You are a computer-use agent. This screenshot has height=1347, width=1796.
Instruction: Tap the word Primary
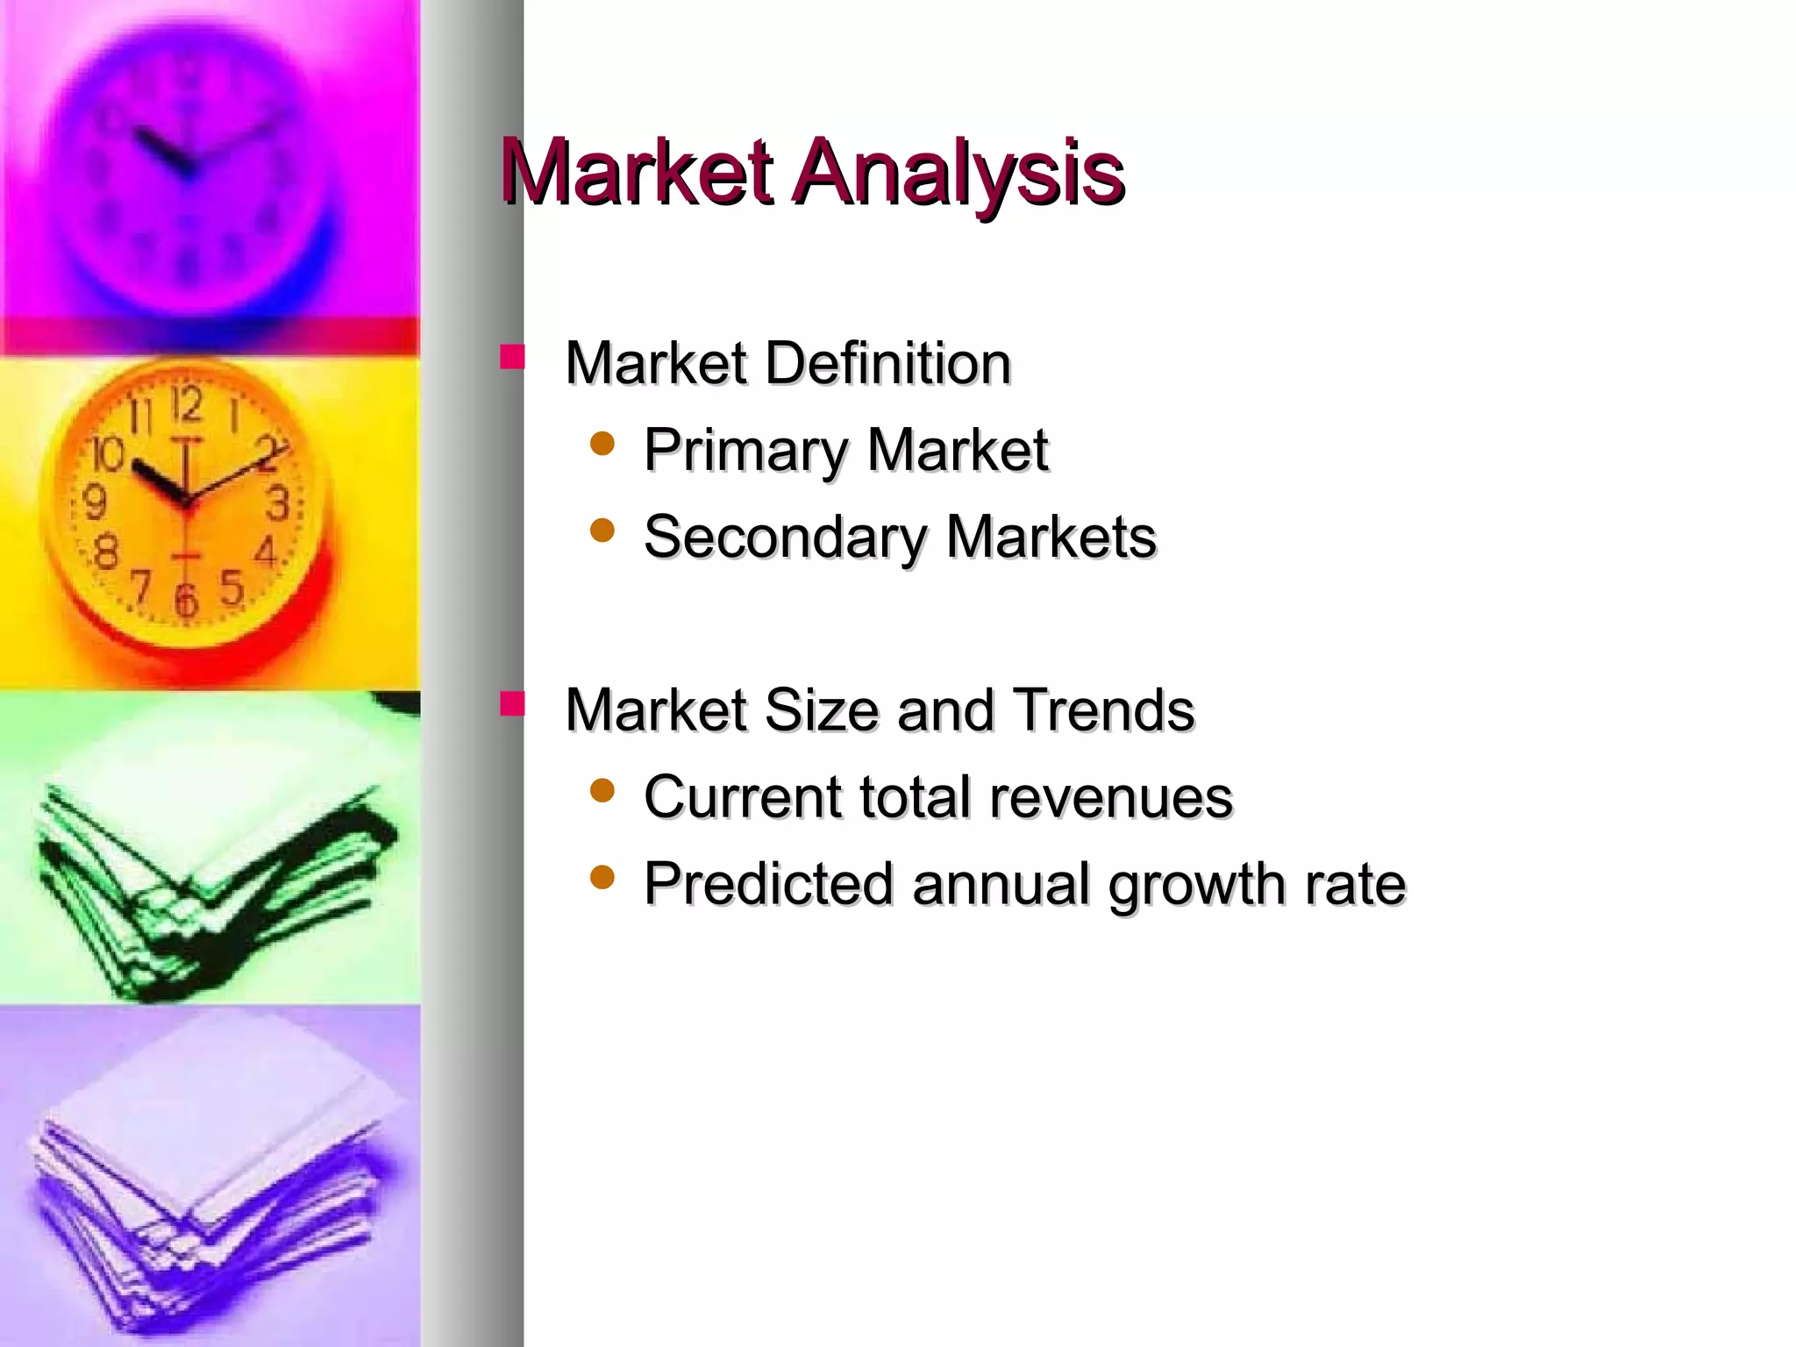pyautogui.click(x=744, y=451)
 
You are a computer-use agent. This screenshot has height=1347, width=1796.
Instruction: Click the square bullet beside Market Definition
pyautogui.click(x=512, y=357)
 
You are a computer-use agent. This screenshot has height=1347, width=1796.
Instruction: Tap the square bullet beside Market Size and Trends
pyautogui.click(x=512, y=704)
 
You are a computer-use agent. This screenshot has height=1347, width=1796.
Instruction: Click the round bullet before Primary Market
pyautogui.click(x=602, y=444)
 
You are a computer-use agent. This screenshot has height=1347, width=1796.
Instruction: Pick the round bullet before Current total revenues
pyautogui.click(x=602, y=791)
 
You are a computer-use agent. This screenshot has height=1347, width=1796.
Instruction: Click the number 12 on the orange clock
pyautogui.click(x=186, y=406)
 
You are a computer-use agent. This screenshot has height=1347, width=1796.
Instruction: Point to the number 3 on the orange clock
pyautogui.click(x=278, y=504)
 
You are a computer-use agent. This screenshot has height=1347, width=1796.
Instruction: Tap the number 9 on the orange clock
pyautogui.click(x=94, y=502)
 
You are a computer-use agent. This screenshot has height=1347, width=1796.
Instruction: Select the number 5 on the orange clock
pyautogui.click(x=232, y=587)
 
